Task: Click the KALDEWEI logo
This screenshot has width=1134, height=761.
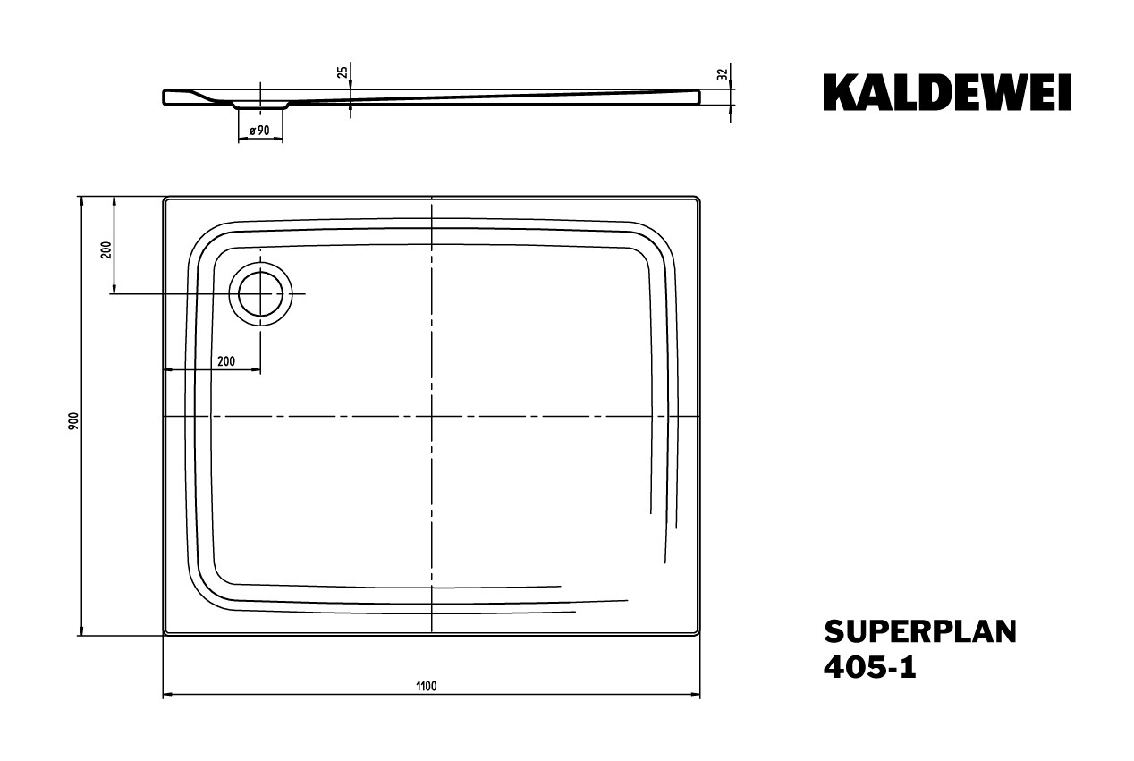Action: coord(947,92)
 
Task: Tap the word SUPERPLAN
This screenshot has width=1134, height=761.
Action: coord(920,632)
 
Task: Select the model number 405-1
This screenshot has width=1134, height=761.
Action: coord(870,667)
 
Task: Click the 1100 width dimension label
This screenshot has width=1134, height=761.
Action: coord(427,686)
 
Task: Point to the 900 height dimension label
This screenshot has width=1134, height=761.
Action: coord(74,421)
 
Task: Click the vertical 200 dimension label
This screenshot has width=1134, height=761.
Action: coord(106,249)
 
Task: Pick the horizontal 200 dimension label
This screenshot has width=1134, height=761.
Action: coord(226,361)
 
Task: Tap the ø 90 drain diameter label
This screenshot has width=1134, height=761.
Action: coord(259,131)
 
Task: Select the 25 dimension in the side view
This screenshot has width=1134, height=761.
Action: coord(343,72)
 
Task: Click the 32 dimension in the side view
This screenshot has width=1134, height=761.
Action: coord(723,74)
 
